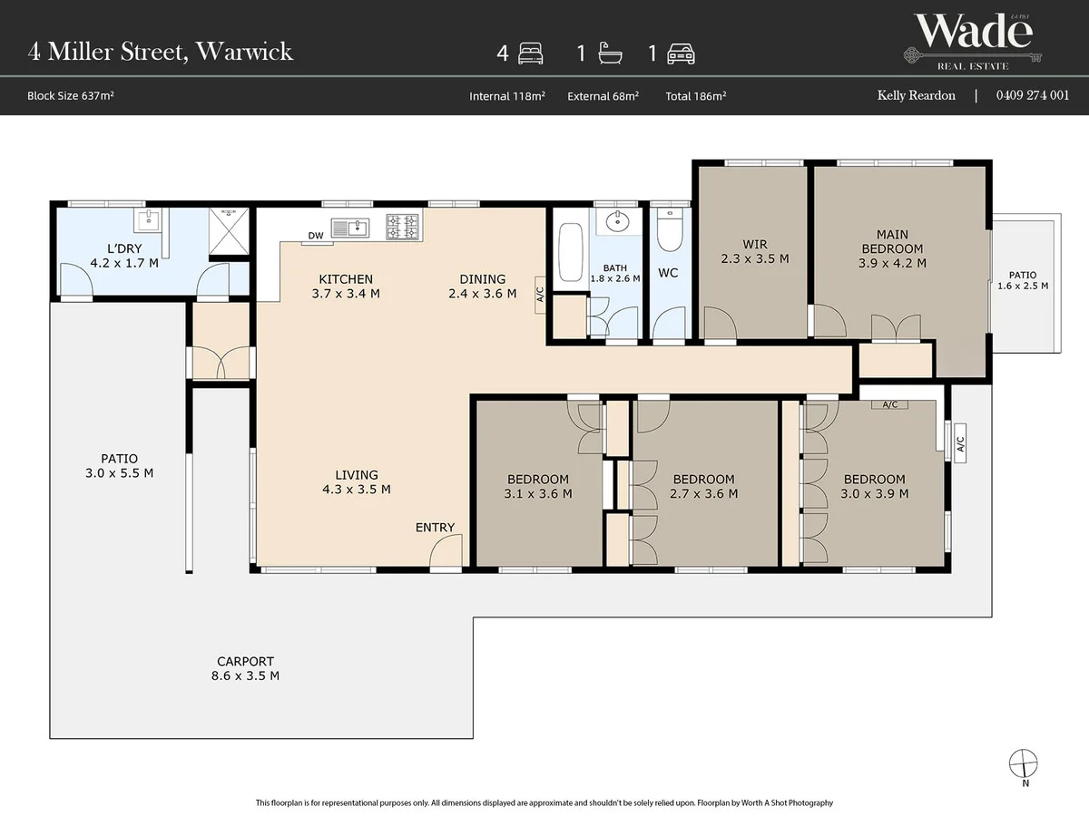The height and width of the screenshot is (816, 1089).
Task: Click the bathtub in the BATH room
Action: point(570,252)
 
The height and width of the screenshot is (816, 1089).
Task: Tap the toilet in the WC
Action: point(670,230)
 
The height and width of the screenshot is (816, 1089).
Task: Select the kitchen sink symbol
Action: point(350,228)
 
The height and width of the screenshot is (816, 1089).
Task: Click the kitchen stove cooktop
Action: point(402,227)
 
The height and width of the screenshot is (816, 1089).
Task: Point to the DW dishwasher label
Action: point(316,236)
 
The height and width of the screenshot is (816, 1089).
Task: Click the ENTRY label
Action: point(435,527)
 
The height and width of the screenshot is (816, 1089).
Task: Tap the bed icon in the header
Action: point(530,53)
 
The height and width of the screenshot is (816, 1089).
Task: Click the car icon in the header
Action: point(681,54)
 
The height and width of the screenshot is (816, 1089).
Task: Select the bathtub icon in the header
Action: point(610,53)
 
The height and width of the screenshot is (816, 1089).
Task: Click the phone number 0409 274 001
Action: point(1033,95)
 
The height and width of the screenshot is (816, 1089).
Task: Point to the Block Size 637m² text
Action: point(71,95)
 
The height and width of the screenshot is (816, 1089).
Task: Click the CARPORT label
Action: point(245,662)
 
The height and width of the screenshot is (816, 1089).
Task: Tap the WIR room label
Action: point(755,244)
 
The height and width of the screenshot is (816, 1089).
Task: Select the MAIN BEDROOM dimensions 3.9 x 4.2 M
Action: point(892,263)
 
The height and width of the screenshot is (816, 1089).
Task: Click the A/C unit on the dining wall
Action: point(540,295)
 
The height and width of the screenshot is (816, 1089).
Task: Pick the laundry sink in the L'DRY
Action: point(148,219)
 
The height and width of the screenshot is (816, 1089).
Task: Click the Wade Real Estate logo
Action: point(973,42)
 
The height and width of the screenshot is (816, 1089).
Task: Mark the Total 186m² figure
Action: point(695,96)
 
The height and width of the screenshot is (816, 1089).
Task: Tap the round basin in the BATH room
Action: point(618,221)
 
